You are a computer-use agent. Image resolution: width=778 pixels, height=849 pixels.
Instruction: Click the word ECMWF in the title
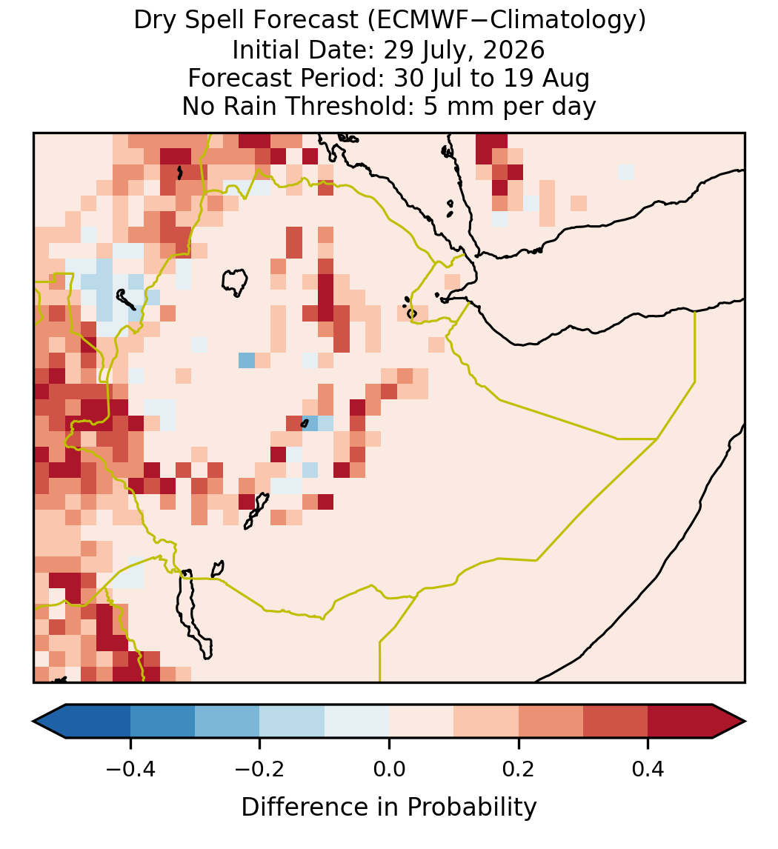pyautogui.click(x=413, y=21)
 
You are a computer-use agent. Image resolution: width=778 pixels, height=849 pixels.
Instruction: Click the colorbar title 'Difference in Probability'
pyautogui.click(x=389, y=807)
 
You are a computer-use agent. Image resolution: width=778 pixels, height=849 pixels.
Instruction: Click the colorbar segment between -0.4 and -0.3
pyautogui.click(x=162, y=722)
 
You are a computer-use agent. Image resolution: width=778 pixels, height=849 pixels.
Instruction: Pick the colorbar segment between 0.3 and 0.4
pyautogui.click(x=615, y=722)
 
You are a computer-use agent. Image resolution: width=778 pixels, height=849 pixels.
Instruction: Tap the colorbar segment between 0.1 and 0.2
pyautogui.click(x=485, y=722)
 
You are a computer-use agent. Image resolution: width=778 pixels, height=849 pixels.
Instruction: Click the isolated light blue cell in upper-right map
pyautogui.click(x=626, y=172)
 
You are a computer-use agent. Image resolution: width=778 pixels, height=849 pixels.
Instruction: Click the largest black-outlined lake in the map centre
pyautogui.click(x=234, y=282)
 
